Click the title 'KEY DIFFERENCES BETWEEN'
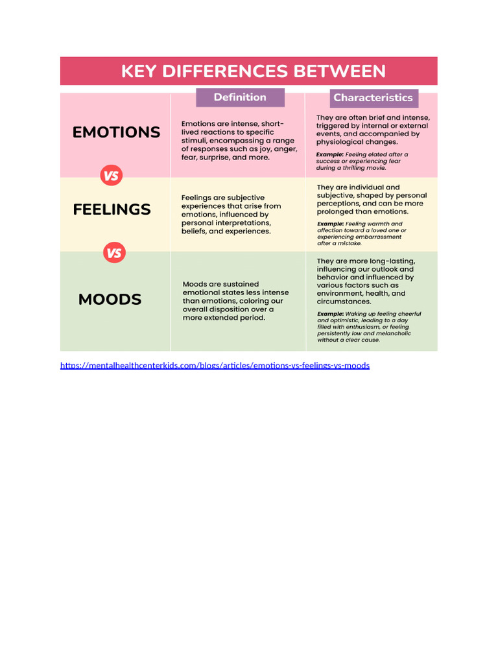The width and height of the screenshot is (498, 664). tap(253, 71)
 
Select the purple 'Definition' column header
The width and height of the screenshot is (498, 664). tap(240, 97)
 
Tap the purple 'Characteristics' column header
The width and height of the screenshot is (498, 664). tap(373, 98)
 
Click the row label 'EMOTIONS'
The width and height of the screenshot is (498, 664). tap(116, 132)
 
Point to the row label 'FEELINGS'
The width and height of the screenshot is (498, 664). tap(112, 209)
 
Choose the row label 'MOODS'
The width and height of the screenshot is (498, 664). tap(110, 300)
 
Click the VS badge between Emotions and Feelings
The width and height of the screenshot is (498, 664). tap(111, 175)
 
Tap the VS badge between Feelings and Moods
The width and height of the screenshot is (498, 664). tap(114, 253)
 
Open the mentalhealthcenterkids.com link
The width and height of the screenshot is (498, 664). tap(215, 365)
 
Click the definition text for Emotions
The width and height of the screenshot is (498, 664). tap(239, 140)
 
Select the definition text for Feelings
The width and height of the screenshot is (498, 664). tap(231, 214)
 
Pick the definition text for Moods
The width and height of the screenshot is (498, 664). tap(235, 301)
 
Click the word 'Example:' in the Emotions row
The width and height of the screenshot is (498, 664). tap(329, 154)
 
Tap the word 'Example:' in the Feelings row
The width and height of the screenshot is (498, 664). tap(330, 224)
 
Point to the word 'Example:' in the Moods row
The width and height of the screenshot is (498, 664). tap(330, 314)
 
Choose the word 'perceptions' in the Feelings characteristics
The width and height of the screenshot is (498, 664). tap(340, 203)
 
